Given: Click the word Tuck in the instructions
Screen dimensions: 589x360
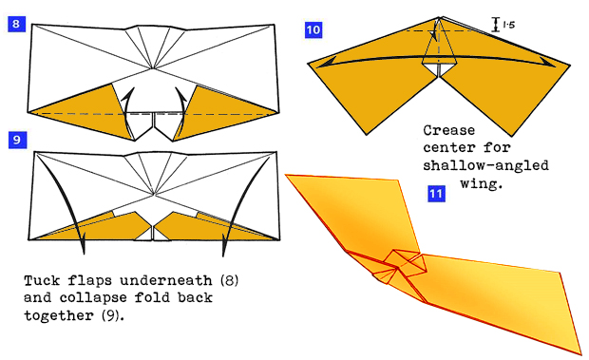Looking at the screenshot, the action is (44, 282).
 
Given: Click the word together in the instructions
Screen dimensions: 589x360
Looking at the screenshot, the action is (61, 316).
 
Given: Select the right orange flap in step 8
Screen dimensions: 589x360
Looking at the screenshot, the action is (228, 106).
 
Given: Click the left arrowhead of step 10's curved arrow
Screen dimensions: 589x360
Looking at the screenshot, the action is (324, 63).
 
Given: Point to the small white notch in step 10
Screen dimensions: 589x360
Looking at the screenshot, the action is (438, 69).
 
